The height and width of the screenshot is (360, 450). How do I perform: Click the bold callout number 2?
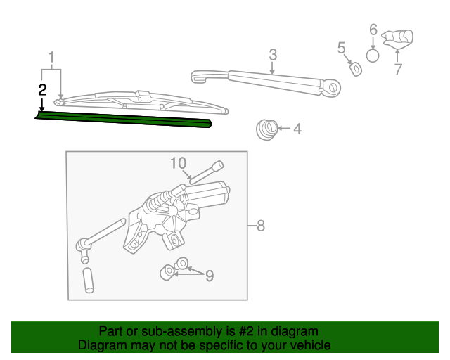(42, 90)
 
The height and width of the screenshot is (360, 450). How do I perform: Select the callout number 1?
(51, 58)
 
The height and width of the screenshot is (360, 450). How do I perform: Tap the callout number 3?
(273, 55)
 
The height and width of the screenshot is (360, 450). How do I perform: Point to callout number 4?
(297, 129)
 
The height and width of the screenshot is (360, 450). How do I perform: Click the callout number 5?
(341, 48)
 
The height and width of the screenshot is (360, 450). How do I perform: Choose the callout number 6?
(373, 30)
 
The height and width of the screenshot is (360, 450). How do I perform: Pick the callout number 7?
(398, 70)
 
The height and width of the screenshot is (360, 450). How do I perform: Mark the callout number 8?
(261, 226)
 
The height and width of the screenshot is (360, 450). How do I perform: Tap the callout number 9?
(210, 276)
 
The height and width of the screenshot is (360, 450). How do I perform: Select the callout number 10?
(179, 163)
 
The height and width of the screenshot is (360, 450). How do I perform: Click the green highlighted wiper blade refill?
(124, 120)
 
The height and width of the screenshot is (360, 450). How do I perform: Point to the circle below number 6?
(373, 56)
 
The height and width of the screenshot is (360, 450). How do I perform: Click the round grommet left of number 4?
(267, 130)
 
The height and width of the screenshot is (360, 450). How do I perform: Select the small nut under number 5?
(356, 69)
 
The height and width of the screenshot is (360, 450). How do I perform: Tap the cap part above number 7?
(398, 38)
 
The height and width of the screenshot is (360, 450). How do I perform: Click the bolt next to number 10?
(207, 172)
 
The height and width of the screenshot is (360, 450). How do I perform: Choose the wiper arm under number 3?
(266, 81)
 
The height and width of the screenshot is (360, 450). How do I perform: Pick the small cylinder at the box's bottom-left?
(89, 281)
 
